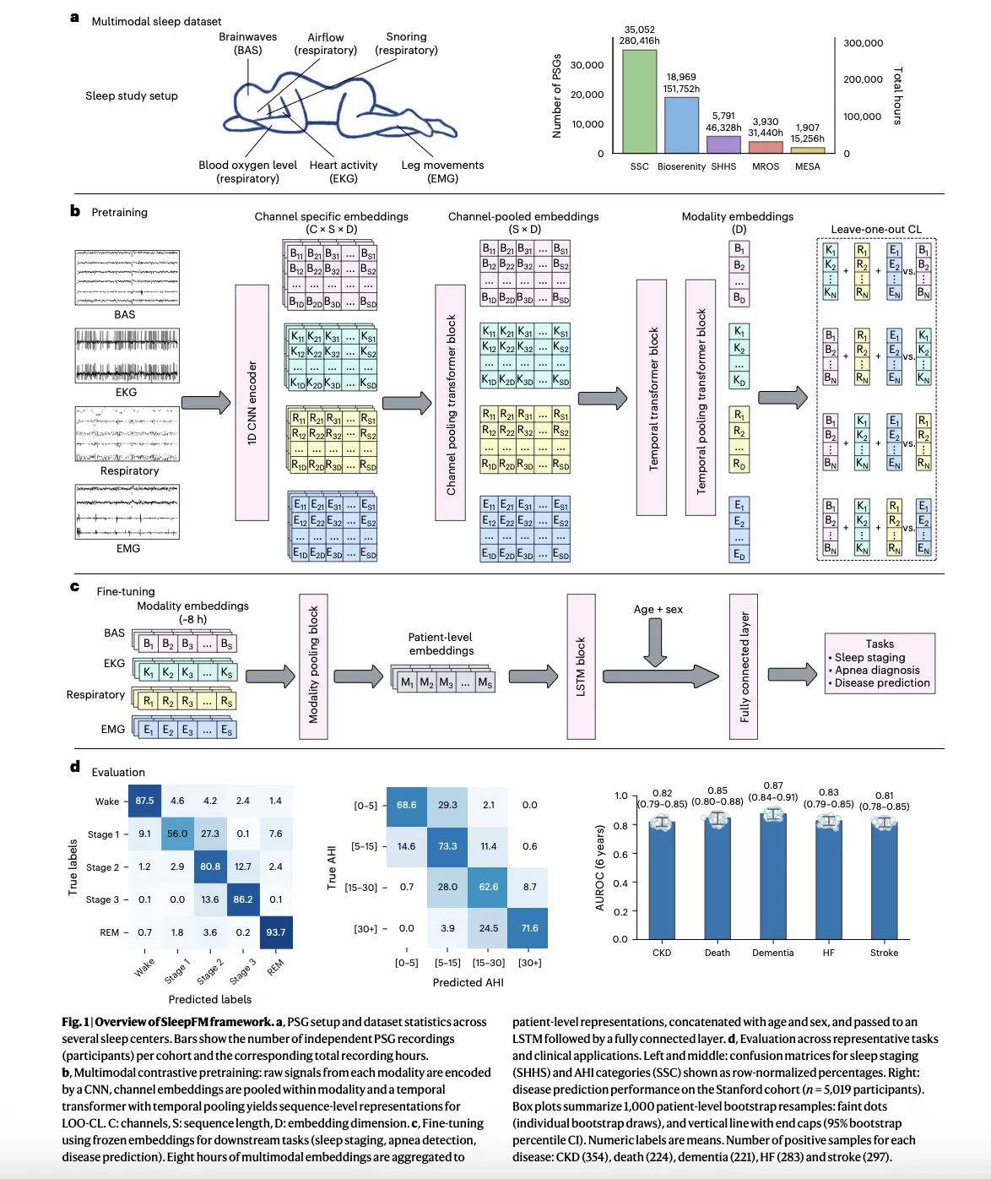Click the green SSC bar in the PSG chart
[639, 101]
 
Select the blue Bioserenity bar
[681, 125]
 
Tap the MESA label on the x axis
[807, 166]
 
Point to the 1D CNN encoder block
[252, 402]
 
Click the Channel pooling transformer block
[451, 402]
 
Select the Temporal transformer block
[652, 397]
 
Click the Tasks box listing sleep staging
[880, 664]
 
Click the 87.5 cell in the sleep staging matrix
[145, 801]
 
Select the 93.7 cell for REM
[276, 932]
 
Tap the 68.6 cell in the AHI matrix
[407, 805]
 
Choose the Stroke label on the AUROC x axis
[884, 953]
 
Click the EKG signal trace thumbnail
[127, 356]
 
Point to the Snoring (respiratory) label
[406, 43]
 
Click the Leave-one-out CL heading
[876, 229]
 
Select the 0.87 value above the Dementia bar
[772, 785]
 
